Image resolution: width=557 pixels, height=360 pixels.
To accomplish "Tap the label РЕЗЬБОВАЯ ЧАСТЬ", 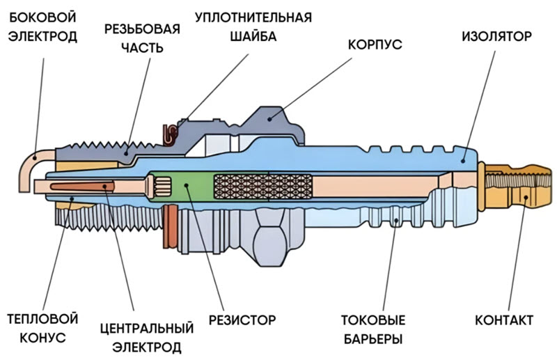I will click(x=142, y=39).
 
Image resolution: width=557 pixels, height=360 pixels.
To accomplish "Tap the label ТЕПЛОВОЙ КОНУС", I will click(x=42, y=328).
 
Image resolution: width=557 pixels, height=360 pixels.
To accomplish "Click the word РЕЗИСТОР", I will click(x=242, y=320).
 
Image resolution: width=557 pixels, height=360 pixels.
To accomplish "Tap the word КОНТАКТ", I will click(x=504, y=320).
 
